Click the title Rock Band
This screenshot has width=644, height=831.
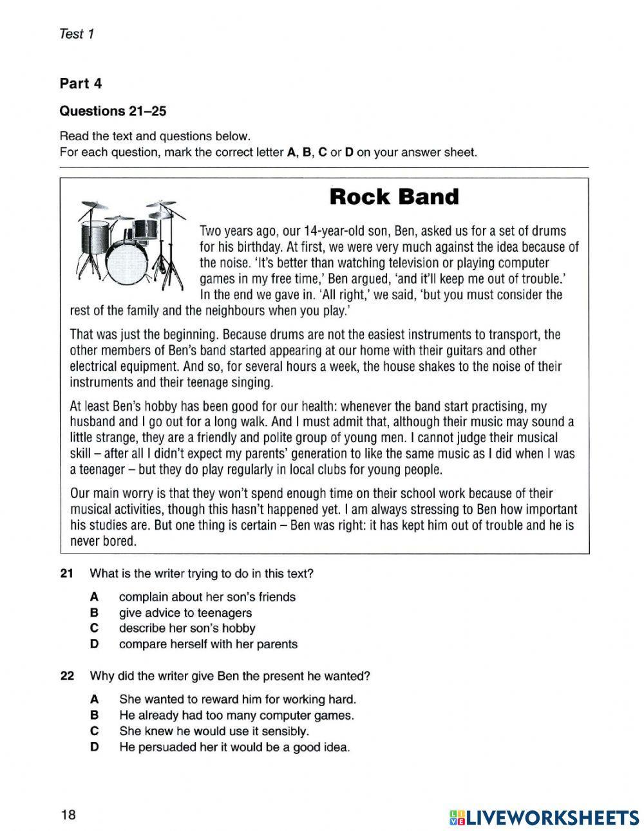pyautogui.click(x=393, y=197)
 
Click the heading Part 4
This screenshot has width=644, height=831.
pyautogui.click(x=80, y=84)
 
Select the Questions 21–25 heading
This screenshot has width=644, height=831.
pyautogui.click(x=113, y=111)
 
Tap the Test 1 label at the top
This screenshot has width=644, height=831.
pyautogui.click(x=77, y=34)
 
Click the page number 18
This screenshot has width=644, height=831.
pyautogui.click(x=68, y=816)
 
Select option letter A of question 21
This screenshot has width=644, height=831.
pyautogui.click(x=94, y=597)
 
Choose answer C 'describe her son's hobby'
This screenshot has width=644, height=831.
pyautogui.click(x=187, y=628)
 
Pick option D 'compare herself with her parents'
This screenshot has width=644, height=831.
pyautogui.click(x=208, y=644)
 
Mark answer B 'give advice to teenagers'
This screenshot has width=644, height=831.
pyautogui.click(x=185, y=613)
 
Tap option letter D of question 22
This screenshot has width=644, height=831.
pyautogui.click(x=94, y=747)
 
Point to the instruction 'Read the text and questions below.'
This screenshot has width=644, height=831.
pyautogui.click(x=154, y=136)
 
